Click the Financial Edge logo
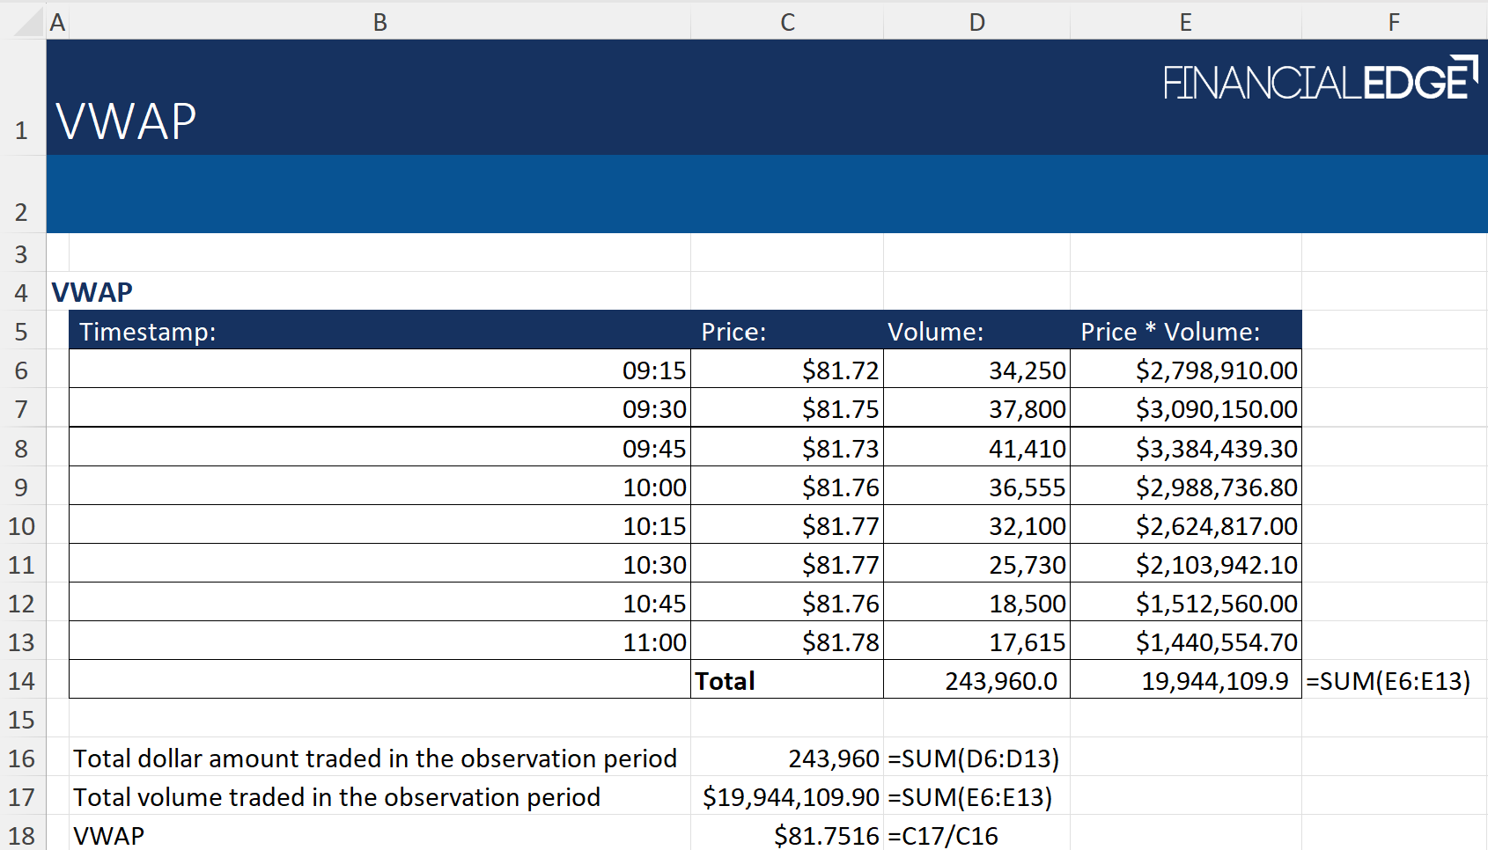[1319, 80]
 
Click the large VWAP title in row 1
[126, 121]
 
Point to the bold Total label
[725, 681]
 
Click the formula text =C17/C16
[943, 836]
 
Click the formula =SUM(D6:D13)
[973, 758]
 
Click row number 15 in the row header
[21, 720]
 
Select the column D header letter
[976, 22]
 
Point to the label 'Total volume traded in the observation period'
[336, 797]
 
